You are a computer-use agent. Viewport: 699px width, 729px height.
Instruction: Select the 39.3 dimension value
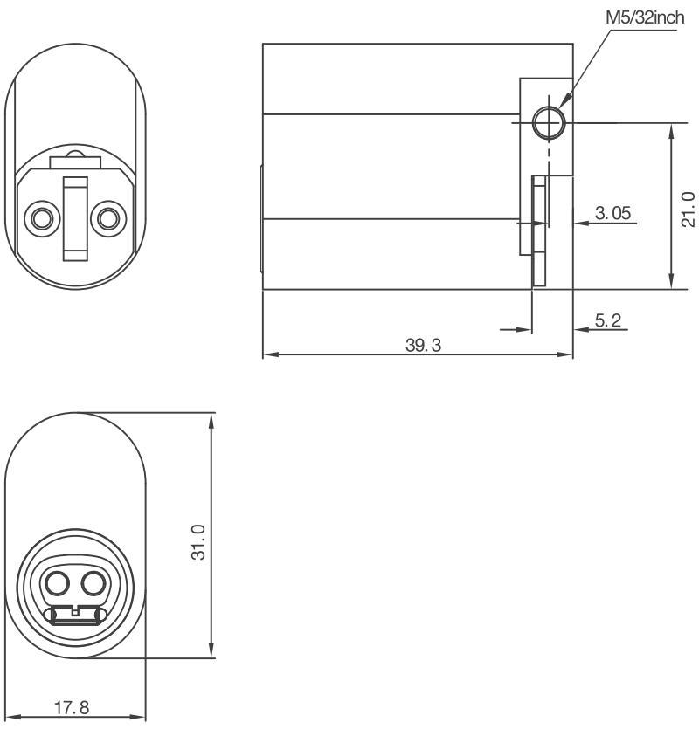pyautogui.click(x=425, y=346)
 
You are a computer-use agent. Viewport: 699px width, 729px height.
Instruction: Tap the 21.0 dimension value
pyautogui.click(x=687, y=207)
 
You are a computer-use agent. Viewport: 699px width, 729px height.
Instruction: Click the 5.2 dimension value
pyautogui.click(x=608, y=320)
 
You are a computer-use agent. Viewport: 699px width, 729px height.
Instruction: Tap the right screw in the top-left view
pyautogui.click(x=108, y=216)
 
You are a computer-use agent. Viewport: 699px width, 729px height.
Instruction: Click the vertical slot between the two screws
pyautogui.click(x=74, y=217)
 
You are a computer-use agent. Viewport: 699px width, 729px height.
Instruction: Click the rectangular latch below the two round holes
pyautogui.click(x=75, y=616)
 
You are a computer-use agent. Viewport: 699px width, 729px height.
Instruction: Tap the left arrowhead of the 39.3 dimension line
pyautogui.click(x=266, y=355)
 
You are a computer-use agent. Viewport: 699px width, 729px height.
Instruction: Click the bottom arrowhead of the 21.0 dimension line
pyautogui.click(x=670, y=284)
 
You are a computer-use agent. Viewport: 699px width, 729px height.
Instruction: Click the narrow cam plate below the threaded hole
pyautogui.click(x=539, y=230)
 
